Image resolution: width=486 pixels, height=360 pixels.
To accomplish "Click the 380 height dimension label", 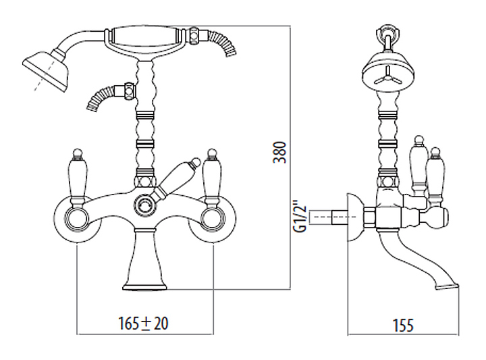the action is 279,152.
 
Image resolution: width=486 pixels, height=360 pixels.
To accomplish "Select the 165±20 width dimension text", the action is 144,324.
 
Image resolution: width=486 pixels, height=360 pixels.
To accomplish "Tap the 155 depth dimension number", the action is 403,326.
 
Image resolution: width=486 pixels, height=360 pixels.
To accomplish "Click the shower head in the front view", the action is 45,70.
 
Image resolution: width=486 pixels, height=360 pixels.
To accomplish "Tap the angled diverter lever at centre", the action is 175,179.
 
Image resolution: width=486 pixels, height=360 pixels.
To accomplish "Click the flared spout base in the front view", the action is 144,259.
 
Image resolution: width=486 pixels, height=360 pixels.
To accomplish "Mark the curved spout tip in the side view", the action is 446,285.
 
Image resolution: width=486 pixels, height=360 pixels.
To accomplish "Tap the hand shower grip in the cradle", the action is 145,36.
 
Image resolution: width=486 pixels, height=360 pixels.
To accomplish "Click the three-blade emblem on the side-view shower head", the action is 387,76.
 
